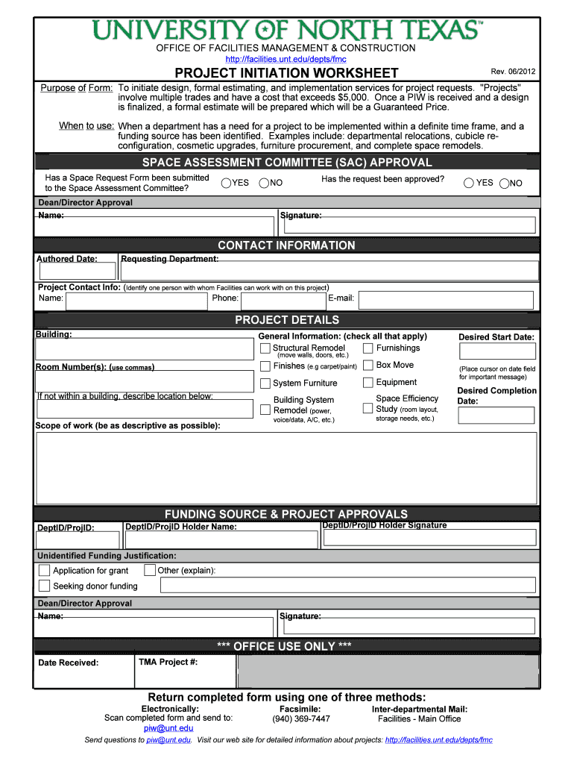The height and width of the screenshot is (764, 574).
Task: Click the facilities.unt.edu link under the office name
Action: [x=286, y=59]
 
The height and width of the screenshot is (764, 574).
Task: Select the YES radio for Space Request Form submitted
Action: [x=226, y=183]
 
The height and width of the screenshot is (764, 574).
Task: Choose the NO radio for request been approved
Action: [x=505, y=183]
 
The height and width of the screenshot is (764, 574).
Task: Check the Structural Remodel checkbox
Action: [x=265, y=348]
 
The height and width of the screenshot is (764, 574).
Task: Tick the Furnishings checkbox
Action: [x=368, y=348]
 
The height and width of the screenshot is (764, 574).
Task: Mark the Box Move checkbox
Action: [x=368, y=366]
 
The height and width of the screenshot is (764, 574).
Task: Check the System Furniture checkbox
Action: [x=265, y=383]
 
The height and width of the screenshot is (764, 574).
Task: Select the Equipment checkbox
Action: [x=368, y=383]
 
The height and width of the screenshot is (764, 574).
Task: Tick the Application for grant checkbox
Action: [x=45, y=571]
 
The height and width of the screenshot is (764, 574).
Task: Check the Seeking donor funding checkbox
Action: [x=45, y=586]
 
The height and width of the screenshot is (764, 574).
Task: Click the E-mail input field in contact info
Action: [x=445, y=300]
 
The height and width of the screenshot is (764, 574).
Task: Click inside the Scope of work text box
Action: [x=286, y=468]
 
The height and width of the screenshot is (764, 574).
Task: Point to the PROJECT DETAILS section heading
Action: [x=286, y=320]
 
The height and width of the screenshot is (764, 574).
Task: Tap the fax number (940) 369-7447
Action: [x=301, y=718]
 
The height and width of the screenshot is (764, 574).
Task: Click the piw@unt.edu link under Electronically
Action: [x=168, y=728]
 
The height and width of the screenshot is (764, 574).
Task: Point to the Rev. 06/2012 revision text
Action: [x=513, y=72]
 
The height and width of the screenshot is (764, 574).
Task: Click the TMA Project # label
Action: [x=168, y=662]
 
